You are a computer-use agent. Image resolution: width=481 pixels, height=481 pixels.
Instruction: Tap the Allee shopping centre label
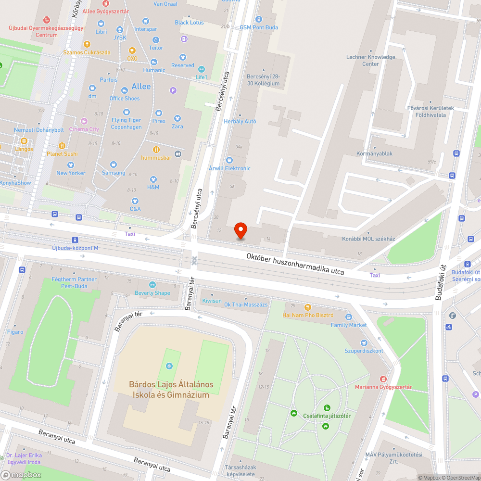(x=141, y=87)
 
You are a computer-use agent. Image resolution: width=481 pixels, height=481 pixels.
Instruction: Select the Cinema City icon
(x=84, y=121)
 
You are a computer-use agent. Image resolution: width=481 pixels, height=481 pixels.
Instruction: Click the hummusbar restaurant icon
(x=156, y=149)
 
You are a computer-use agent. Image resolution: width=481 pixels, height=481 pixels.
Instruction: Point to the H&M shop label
(x=153, y=187)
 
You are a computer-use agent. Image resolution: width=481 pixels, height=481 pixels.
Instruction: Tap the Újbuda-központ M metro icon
(x=75, y=240)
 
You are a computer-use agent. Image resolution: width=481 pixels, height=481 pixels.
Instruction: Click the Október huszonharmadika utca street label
(x=295, y=264)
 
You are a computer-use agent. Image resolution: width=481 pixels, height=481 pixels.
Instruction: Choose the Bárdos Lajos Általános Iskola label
(x=171, y=390)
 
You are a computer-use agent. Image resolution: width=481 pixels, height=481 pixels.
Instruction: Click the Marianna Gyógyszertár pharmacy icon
(x=383, y=379)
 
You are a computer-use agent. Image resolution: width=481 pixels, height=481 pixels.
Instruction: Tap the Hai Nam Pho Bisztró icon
(x=308, y=307)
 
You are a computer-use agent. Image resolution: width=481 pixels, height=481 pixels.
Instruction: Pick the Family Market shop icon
(x=349, y=317)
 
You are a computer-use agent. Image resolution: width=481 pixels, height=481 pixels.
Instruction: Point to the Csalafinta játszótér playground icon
(x=327, y=407)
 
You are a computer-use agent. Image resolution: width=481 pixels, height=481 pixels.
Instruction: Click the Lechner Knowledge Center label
(x=371, y=60)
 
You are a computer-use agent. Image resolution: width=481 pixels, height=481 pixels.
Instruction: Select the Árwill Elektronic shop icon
(x=229, y=160)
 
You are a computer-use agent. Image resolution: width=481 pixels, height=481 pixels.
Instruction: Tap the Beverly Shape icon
(x=152, y=285)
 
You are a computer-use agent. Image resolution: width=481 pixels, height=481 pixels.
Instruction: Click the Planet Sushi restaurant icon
(x=62, y=146)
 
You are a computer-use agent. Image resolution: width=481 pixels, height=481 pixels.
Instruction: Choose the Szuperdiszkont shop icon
(x=364, y=342)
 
